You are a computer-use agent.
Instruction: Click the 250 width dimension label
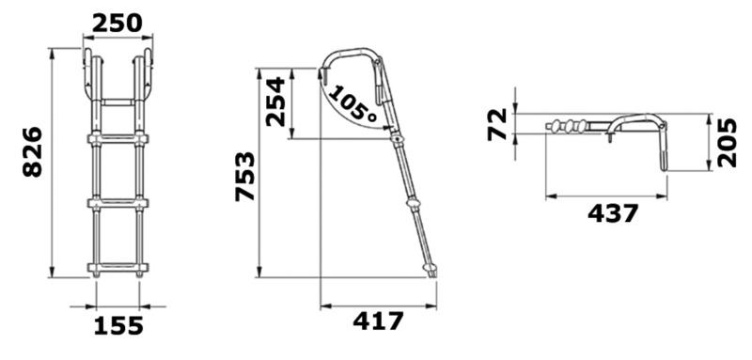click(x=117, y=23)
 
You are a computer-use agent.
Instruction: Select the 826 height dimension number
click(x=33, y=152)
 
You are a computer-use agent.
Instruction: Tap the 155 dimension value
click(x=118, y=325)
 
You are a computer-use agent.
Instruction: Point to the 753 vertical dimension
click(x=245, y=176)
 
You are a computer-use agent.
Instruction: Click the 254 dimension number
click(x=275, y=102)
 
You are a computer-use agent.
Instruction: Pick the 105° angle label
click(x=352, y=103)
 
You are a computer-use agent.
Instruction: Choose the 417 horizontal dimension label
click(x=379, y=321)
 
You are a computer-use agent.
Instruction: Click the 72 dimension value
click(x=497, y=124)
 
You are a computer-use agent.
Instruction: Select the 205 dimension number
click(x=727, y=142)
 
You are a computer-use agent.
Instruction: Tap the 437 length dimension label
click(x=614, y=213)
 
